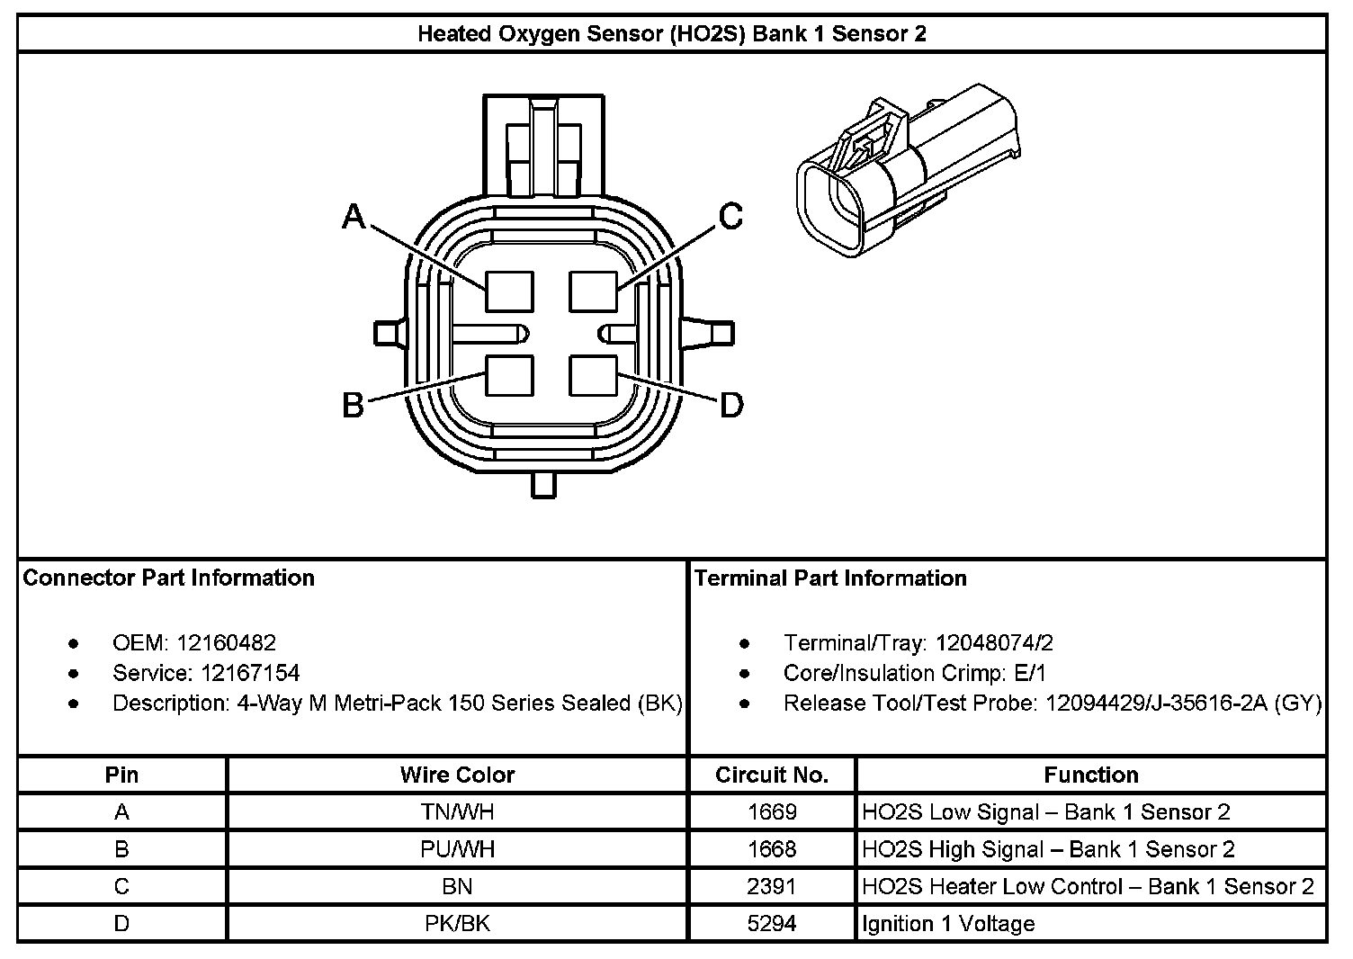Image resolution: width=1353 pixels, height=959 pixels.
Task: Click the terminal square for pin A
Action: [x=509, y=291]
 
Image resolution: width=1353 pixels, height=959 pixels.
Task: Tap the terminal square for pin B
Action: [x=509, y=375]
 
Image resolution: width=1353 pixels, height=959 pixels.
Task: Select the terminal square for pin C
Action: [x=593, y=291]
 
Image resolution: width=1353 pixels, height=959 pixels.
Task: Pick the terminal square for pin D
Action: [x=593, y=375]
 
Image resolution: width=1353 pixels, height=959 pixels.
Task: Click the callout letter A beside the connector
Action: [x=354, y=217]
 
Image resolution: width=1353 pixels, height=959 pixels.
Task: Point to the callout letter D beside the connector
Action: [x=732, y=406]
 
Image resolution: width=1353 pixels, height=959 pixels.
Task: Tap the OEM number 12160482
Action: [x=226, y=643]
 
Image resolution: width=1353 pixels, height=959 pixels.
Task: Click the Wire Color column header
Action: [x=457, y=775]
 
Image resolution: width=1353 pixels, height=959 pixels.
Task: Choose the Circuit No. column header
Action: [x=772, y=775]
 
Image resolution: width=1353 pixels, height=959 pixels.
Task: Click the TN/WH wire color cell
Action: [x=457, y=812]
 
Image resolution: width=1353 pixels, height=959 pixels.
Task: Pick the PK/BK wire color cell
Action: [x=457, y=924]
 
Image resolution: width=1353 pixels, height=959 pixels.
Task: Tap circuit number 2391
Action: [x=772, y=886]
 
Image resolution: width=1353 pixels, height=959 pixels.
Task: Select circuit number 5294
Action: [x=772, y=924]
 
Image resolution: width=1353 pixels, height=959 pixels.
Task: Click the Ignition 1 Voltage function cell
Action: [x=948, y=924]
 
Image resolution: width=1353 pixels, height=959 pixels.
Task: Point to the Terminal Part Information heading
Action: [x=830, y=578]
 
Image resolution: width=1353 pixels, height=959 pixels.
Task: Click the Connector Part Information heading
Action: [x=168, y=578]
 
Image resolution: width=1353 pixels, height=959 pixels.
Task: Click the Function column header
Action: [x=1090, y=775]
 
